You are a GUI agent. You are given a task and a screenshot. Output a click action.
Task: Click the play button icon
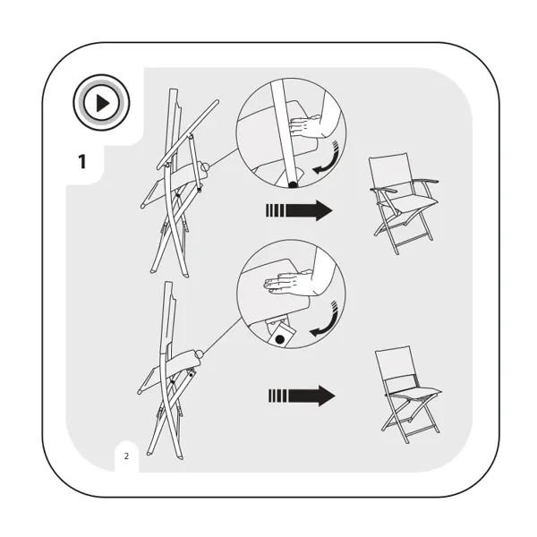tap(101, 102)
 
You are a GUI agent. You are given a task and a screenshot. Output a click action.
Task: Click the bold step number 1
tap(81, 162)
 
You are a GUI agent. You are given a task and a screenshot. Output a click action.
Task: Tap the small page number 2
tap(126, 456)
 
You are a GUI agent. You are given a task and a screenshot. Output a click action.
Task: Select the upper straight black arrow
tap(299, 210)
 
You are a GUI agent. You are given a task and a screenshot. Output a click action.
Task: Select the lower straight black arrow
tap(302, 396)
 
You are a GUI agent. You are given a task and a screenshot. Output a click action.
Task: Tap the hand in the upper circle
tap(306, 126)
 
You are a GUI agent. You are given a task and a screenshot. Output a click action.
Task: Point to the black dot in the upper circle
tap(293, 185)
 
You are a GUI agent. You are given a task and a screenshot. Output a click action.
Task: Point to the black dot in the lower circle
tap(280, 340)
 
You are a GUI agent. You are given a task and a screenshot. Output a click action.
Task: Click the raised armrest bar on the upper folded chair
tap(188, 134)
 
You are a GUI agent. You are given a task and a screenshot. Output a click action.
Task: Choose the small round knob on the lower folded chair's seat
tap(199, 354)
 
